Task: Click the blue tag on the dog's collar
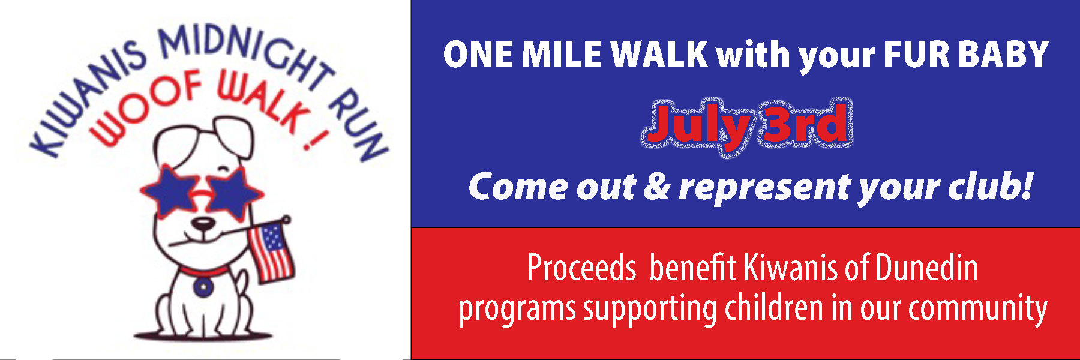[x=202, y=287]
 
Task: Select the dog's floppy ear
[x=234, y=134]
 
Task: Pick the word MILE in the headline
[x=562, y=55]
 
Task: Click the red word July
[x=696, y=127]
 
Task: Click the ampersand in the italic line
[x=658, y=187]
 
